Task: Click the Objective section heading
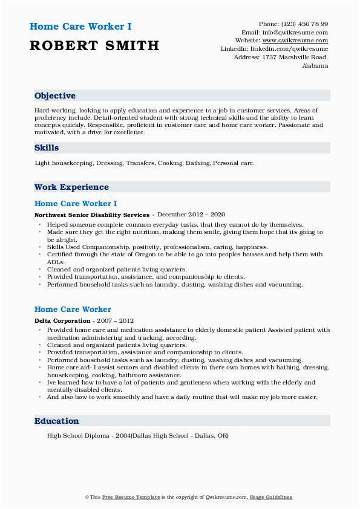coord(55,96)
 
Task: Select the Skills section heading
coord(47,148)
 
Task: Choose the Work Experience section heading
coord(71,187)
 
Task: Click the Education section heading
coord(56,421)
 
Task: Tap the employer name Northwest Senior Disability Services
coord(92,215)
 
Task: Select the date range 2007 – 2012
coord(114,320)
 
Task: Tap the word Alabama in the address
coord(315,66)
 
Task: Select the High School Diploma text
coord(75,436)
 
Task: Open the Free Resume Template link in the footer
coord(123,497)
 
